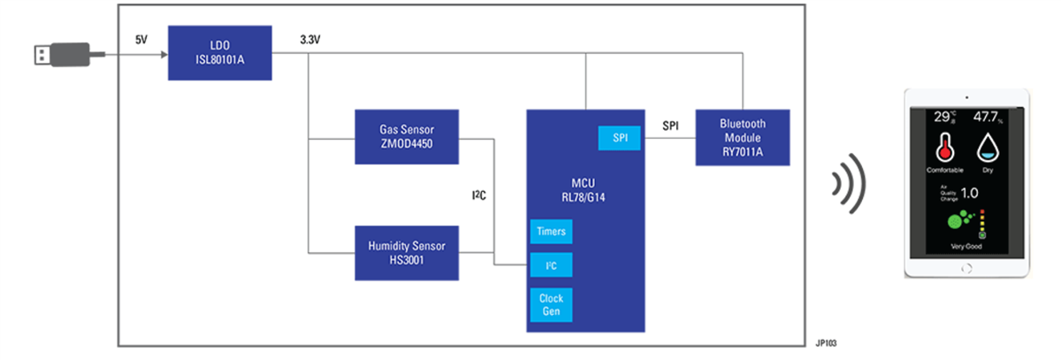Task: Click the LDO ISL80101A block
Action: (x=219, y=53)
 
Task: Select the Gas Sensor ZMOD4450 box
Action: (x=408, y=137)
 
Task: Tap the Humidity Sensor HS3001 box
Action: (x=408, y=252)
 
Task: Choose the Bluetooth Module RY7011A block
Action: (x=743, y=137)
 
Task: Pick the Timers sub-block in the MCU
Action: (x=550, y=232)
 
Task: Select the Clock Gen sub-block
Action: (x=550, y=304)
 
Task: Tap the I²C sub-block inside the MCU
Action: (x=550, y=265)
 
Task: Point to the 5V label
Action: (x=142, y=41)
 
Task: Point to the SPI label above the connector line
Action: (x=671, y=126)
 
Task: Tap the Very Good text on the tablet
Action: (x=966, y=246)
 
